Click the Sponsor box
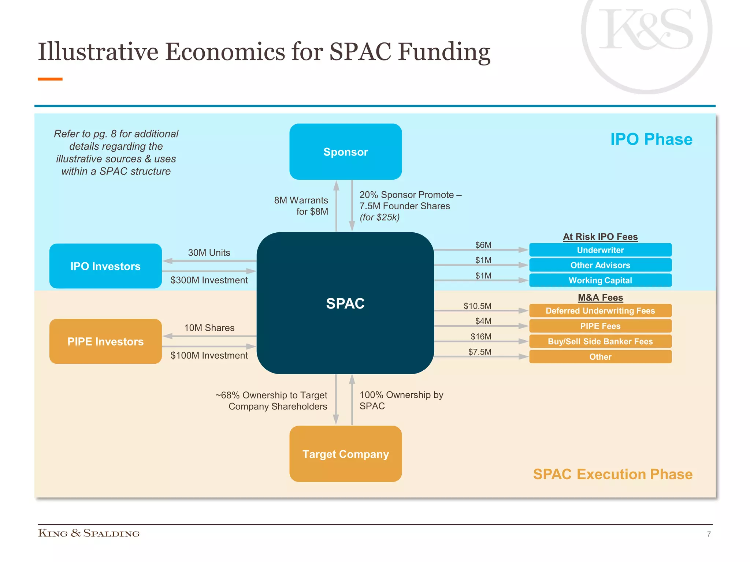pyautogui.click(x=345, y=151)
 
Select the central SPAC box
pyautogui.click(x=345, y=303)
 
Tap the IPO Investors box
pyautogui.click(x=105, y=266)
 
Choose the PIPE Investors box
pyautogui.click(x=105, y=341)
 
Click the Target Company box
pyautogui.click(x=345, y=454)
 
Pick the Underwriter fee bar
pyautogui.click(x=600, y=250)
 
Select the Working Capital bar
pyautogui.click(x=600, y=280)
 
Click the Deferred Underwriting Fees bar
pyautogui.click(x=600, y=311)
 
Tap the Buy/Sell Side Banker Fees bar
pyautogui.click(x=600, y=341)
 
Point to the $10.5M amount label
pyautogui.click(x=478, y=306)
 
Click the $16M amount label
pyautogui.click(x=481, y=336)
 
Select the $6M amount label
pyautogui.click(x=483, y=245)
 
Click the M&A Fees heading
pyautogui.click(x=600, y=297)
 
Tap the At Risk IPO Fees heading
pyautogui.click(x=600, y=237)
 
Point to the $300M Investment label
pyautogui.click(x=209, y=280)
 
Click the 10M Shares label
pyautogui.click(x=209, y=328)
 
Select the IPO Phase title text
pyautogui.click(x=651, y=139)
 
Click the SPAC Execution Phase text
pyautogui.click(x=613, y=474)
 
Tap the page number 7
pyautogui.click(x=709, y=534)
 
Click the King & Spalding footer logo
pyautogui.click(x=89, y=533)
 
